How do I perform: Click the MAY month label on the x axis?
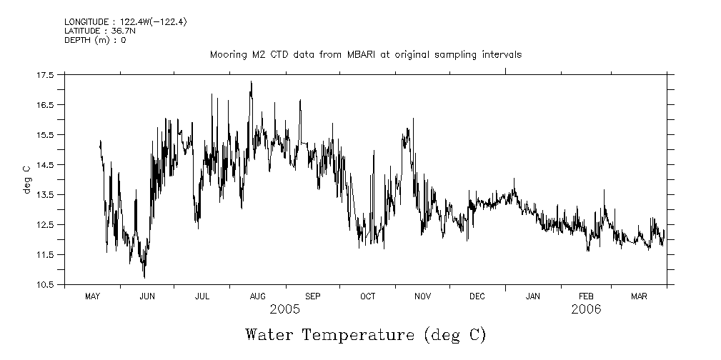pos(92,296)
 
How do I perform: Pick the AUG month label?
pos(257,296)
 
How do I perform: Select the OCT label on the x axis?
pos(367,296)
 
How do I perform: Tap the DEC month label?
pos(477,296)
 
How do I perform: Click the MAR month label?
pos(640,296)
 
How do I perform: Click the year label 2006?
pos(586,309)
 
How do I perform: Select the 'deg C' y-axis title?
pos(26,179)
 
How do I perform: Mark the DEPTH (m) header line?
pos(95,40)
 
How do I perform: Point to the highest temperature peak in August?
pos(251,81)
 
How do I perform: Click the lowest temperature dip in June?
pos(144,277)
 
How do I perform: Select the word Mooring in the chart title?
pos(227,54)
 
